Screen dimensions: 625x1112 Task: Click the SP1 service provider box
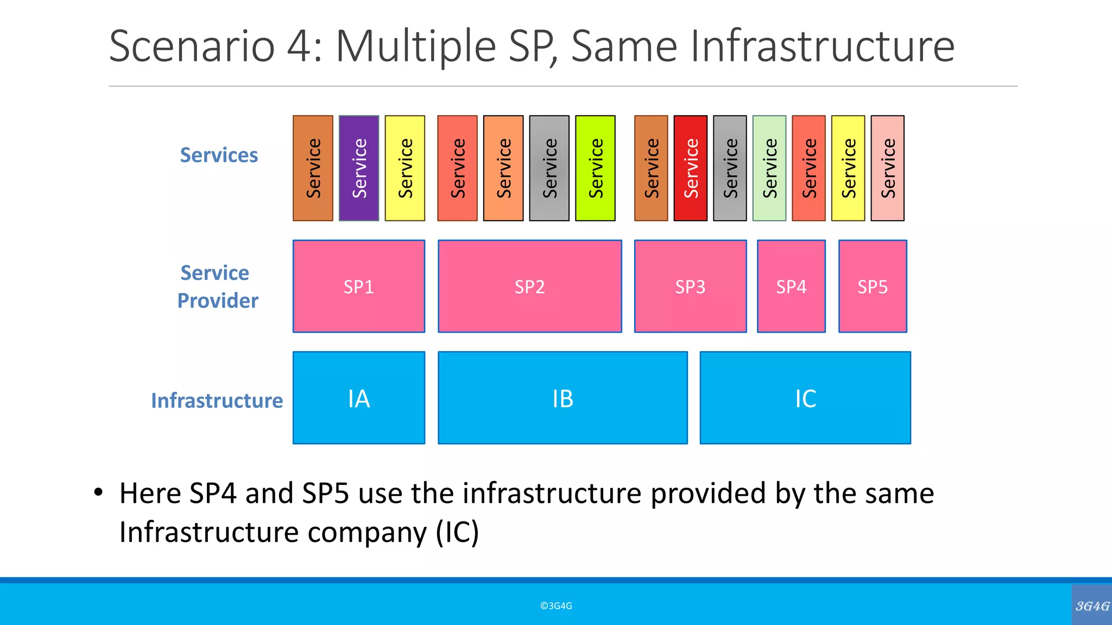click(x=358, y=286)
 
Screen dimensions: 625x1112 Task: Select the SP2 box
click(x=529, y=286)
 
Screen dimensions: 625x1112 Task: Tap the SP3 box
click(x=690, y=286)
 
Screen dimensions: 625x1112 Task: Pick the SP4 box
click(x=791, y=286)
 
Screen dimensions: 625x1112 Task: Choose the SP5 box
click(x=873, y=286)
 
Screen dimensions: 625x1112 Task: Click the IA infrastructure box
click(x=358, y=398)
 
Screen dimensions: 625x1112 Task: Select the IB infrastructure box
click(x=563, y=398)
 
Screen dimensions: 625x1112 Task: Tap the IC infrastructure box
click(x=805, y=398)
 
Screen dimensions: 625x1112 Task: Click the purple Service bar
click(x=359, y=168)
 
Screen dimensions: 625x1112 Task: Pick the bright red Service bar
click(x=690, y=168)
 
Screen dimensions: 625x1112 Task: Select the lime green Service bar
click(x=595, y=168)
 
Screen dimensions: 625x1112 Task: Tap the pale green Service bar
click(x=769, y=168)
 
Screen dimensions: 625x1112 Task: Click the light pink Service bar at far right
click(x=887, y=168)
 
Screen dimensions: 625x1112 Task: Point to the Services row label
click(x=219, y=155)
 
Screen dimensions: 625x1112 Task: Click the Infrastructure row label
click(x=217, y=400)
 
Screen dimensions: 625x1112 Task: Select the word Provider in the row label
click(x=218, y=301)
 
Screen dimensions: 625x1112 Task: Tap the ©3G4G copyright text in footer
click(x=556, y=605)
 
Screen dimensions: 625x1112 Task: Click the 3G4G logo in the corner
click(x=1092, y=605)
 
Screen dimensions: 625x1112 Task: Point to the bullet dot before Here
click(x=98, y=493)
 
